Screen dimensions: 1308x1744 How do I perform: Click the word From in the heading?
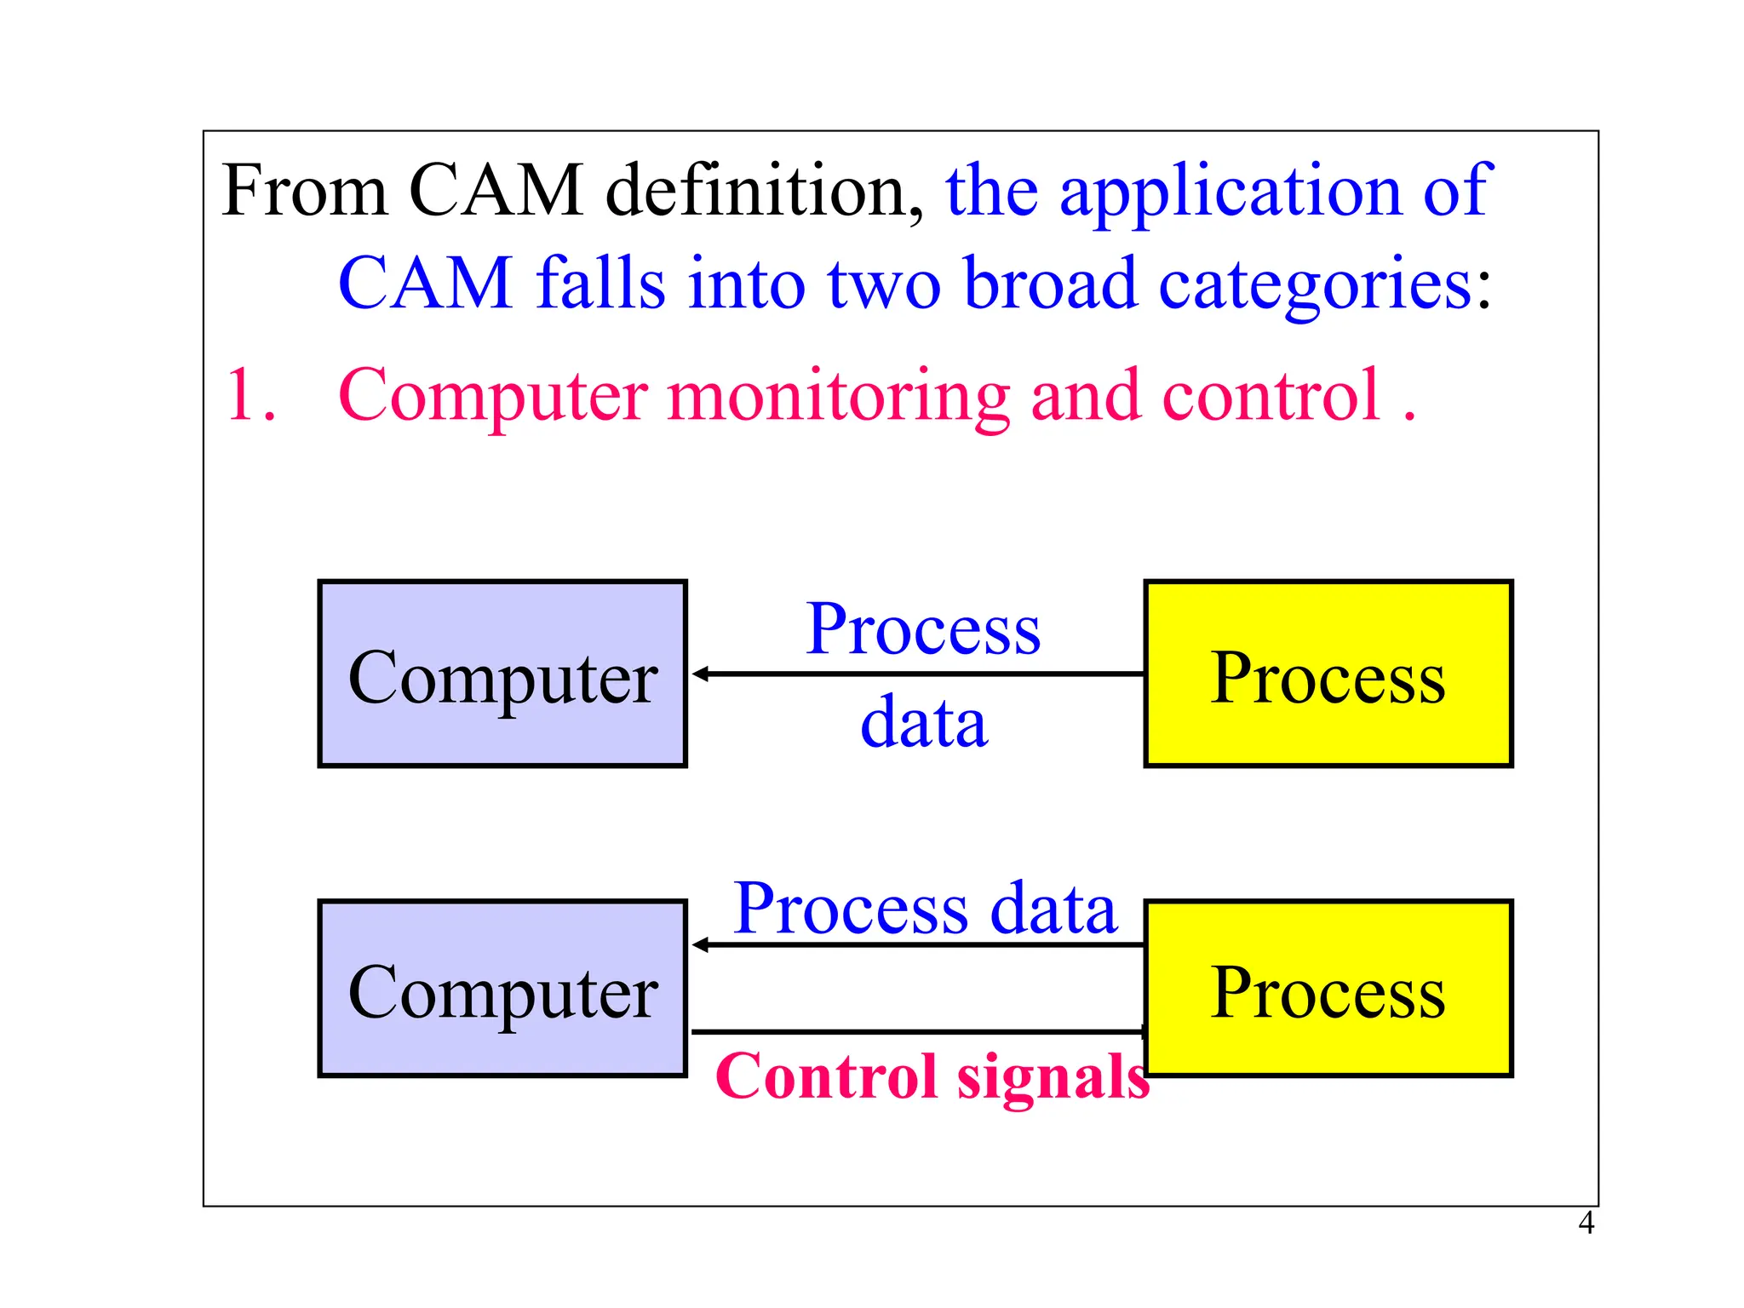303,191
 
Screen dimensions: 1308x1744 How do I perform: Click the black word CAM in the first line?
496,191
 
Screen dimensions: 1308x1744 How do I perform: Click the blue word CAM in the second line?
425,284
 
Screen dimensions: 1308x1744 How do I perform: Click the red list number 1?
250,395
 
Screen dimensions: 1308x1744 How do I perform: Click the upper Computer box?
502,674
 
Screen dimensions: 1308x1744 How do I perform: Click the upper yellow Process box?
1328,674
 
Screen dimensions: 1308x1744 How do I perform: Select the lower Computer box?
502,989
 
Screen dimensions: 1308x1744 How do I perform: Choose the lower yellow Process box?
1328,989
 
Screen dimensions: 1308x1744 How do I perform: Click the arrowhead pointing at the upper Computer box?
700,674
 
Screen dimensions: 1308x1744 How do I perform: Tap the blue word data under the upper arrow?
923,723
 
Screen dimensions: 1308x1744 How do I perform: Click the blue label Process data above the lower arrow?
924,909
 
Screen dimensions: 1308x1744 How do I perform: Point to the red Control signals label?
932,1076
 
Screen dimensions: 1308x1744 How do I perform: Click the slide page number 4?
1586,1223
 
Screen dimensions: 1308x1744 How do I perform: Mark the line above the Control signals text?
916,1032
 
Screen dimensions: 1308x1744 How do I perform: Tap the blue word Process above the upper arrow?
923,629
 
